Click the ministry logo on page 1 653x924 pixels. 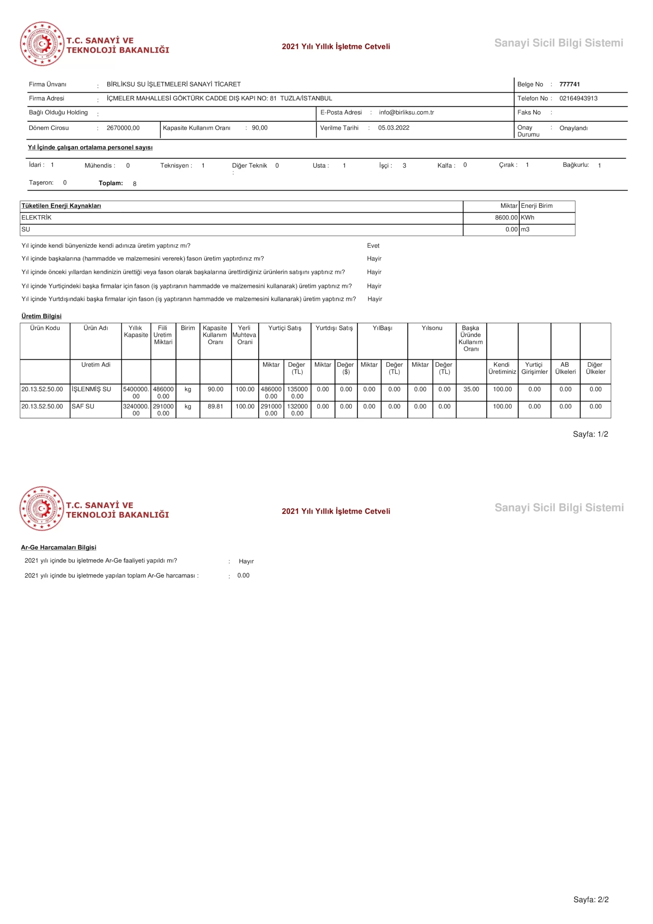point(42,44)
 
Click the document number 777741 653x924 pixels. point(569,84)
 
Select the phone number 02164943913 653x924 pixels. point(578,98)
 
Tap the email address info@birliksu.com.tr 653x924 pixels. point(406,112)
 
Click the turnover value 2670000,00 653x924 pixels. point(123,128)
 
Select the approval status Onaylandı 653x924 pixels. point(573,128)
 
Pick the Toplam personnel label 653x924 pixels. point(111,183)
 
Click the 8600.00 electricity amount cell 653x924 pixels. point(506,217)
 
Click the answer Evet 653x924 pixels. point(373,245)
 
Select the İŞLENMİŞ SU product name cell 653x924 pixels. point(91,389)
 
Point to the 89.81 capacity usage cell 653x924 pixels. point(215,406)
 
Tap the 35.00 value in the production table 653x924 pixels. point(471,389)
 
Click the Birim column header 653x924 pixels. point(188,328)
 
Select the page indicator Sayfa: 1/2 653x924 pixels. point(590,434)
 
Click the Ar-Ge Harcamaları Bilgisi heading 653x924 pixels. point(58,547)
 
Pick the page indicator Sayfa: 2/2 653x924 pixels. point(591,899)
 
